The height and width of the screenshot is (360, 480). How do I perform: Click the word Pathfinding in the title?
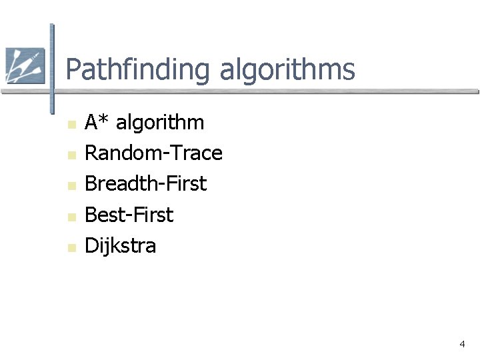tap(138, 70)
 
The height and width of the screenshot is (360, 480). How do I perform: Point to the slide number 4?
tap(462, 344)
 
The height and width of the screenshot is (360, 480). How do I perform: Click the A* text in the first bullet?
tap(97, 123)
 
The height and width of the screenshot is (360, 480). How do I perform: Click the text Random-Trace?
tap(153, 153)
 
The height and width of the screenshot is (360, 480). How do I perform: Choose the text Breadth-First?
tap(146, 184)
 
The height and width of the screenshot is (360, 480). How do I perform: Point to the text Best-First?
tap(129, 215)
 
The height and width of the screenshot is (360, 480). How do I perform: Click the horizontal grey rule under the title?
tap(267, 92)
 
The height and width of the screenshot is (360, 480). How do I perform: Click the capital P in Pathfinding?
tap(73, 69)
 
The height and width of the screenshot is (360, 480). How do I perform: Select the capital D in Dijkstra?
tap(91, 245)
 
